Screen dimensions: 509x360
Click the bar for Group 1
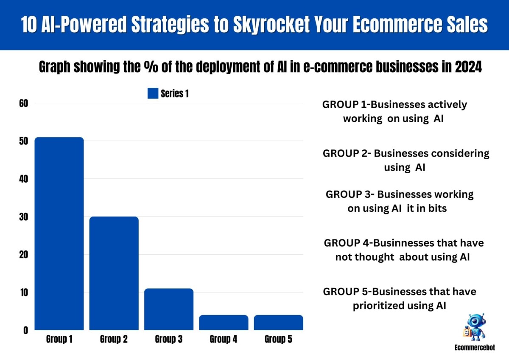(59, 233)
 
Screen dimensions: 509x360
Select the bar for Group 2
(114, 273)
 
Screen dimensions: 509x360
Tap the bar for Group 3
(169, 309)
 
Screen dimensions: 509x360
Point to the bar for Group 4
(224, 323)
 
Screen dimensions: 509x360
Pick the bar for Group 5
(279, 323)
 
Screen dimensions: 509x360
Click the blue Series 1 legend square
(153, 93)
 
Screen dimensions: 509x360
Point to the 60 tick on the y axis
(24, 104)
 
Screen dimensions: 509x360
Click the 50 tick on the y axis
(24, 141)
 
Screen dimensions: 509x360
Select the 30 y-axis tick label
(24, 217)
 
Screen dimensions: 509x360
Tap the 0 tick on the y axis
(26, 330)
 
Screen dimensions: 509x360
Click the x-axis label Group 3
(169, 339)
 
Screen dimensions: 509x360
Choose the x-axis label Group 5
(278, 339)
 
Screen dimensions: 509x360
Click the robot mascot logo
(475, 327)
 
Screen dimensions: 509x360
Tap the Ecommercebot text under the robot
(475, 348)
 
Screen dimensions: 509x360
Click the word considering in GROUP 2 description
(460, 154)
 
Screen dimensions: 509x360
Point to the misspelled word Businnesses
(403, 243)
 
